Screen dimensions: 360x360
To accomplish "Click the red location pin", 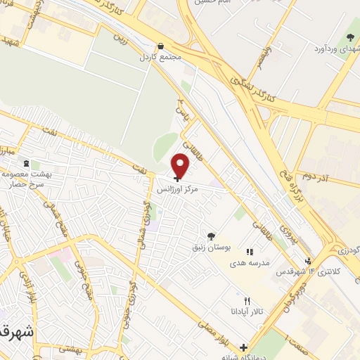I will pyautogui.click(x=181, y=166).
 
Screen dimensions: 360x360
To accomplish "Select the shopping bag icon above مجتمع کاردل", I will pyautogui.click(x=161, y=46).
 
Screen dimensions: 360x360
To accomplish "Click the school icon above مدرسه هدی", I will pyautogui.click(x=249, y=251).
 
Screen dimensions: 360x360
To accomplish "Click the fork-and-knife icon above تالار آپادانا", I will pyautogui.click(x=246, y=300).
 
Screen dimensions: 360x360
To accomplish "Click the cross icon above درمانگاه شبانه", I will pyautogui.click(x=243, y=347).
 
